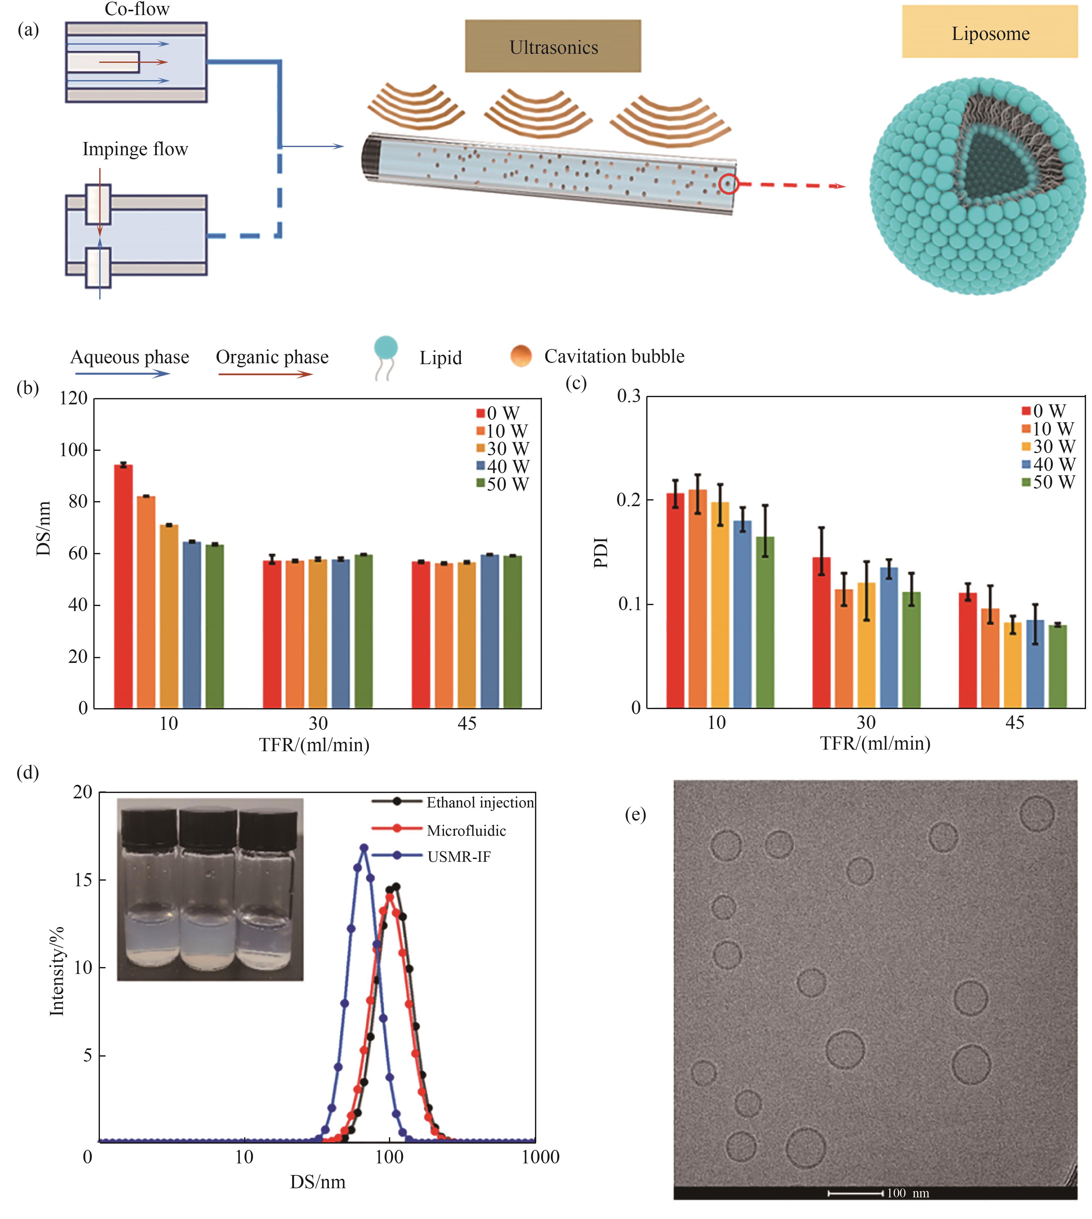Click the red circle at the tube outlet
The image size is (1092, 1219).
click(728, 183)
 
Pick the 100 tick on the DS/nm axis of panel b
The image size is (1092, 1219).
click(73, 450)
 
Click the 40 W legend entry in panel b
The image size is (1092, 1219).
click(503, 466)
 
